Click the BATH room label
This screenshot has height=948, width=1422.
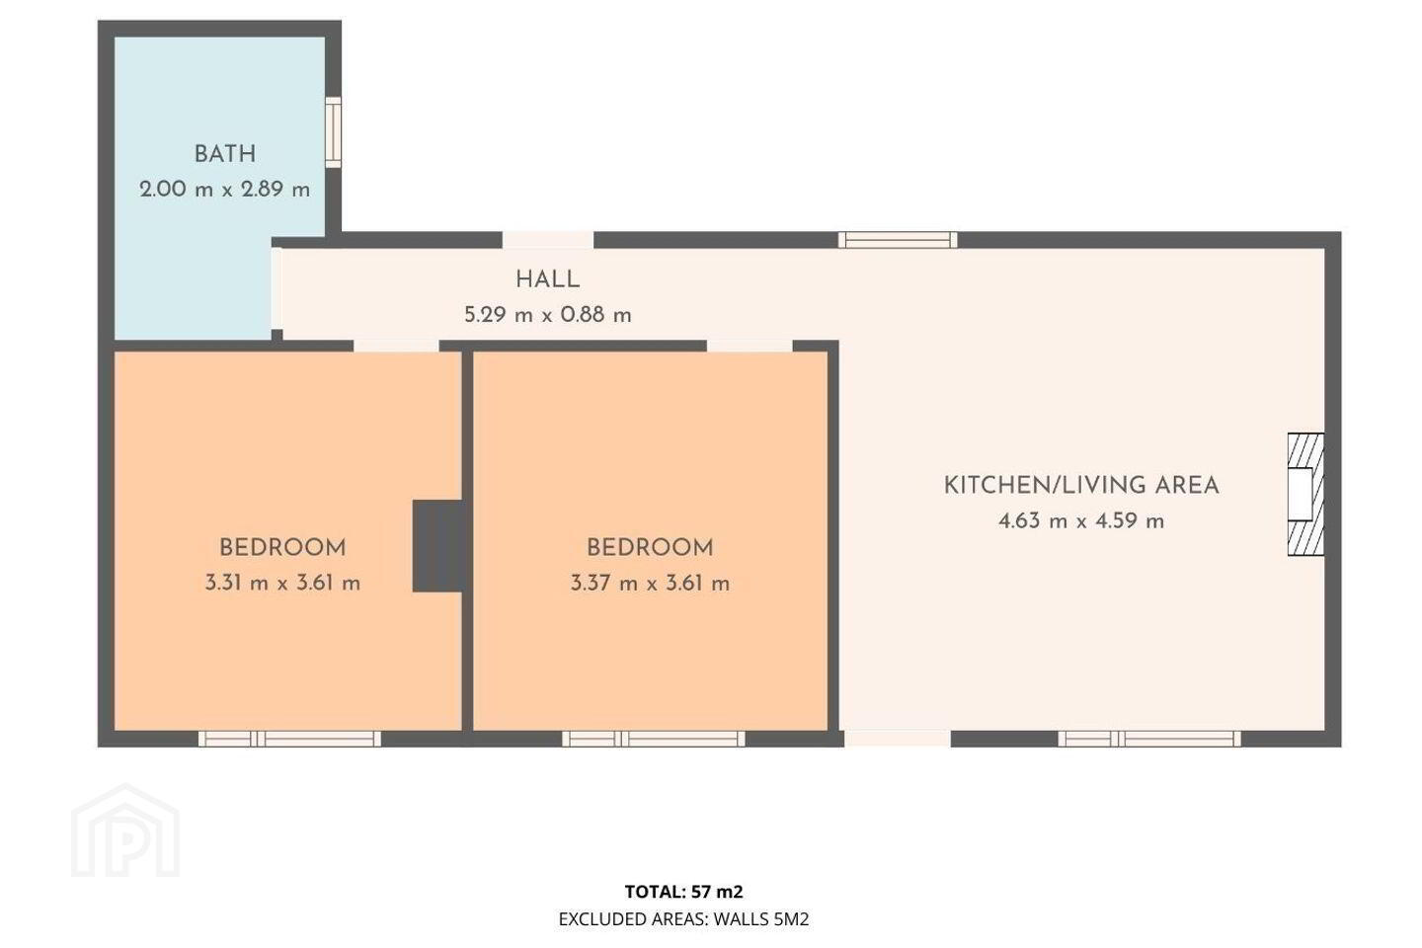225,154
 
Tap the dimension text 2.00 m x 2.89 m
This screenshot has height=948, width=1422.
225,190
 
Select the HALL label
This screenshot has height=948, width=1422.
547,279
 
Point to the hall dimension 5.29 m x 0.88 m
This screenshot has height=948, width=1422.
547,315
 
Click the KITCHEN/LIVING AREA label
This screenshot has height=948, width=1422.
1081,486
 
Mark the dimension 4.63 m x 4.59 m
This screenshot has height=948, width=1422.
1081,521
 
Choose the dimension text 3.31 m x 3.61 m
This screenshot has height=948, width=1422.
282,583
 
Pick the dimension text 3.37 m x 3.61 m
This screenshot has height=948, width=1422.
650,583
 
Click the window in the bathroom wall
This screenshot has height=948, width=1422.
334,132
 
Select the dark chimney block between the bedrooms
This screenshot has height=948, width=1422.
437,546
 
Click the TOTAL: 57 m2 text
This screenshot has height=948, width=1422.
683,892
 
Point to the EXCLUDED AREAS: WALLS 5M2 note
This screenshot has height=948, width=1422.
683,918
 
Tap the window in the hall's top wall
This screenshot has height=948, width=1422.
898,240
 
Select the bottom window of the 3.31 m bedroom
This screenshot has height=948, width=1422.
289,739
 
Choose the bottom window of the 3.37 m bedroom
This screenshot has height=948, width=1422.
654,739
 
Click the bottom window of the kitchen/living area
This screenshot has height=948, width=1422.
1149,739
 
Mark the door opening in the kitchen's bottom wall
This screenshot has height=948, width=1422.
898,739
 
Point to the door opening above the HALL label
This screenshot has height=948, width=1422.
548,240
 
